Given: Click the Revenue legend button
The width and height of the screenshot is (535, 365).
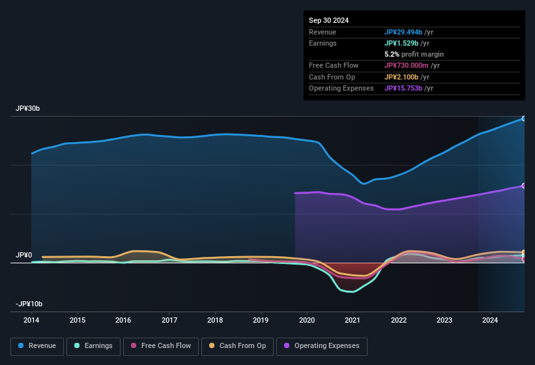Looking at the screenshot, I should coord(37,346).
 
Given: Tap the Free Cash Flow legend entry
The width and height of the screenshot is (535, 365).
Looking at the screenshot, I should coord(160,346).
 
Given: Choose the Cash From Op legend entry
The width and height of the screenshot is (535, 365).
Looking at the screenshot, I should coord(237,346).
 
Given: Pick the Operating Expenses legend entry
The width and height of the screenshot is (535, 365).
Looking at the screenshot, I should coord(322,346).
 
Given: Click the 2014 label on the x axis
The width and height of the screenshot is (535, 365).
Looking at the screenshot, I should coord(31,320).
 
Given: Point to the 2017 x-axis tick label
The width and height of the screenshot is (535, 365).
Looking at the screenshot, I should coord(169,320).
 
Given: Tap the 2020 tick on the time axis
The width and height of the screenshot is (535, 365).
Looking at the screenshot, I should coord(307,320).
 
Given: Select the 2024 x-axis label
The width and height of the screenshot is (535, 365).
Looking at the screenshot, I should coord(490,320).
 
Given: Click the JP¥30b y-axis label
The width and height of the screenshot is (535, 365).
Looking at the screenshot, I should coord(27,109).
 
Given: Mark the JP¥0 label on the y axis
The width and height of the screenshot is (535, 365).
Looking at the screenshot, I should coord(23,255).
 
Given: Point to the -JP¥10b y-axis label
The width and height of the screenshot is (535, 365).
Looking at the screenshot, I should coord(29,304).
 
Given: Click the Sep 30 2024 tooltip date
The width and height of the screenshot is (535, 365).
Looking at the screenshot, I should coord(328,20).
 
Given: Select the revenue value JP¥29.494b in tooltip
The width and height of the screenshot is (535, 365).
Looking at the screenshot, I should coord(412,32).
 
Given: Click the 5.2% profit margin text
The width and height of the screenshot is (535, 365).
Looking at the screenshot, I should coord(414,54).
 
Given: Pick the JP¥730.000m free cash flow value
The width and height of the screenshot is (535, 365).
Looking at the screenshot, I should coord(412,66).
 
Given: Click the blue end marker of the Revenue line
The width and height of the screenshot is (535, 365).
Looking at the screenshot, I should coord(524,119).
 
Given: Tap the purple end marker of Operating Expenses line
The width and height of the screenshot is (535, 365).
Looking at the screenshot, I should coord(524,186).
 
